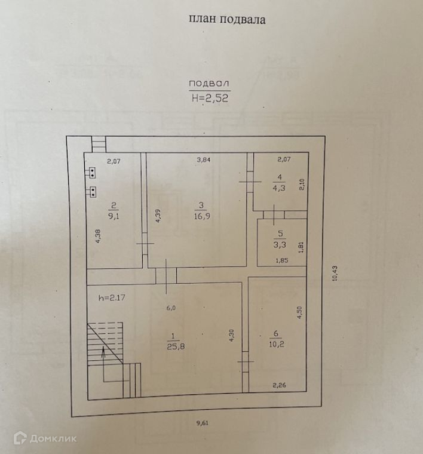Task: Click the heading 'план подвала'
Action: [227, 19]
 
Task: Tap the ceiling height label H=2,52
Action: [209, 99]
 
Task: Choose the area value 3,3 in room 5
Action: [277, 244]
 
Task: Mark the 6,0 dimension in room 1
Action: [171, 308]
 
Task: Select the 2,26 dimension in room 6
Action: [280, 386]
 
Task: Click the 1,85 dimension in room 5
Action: [282, 260]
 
